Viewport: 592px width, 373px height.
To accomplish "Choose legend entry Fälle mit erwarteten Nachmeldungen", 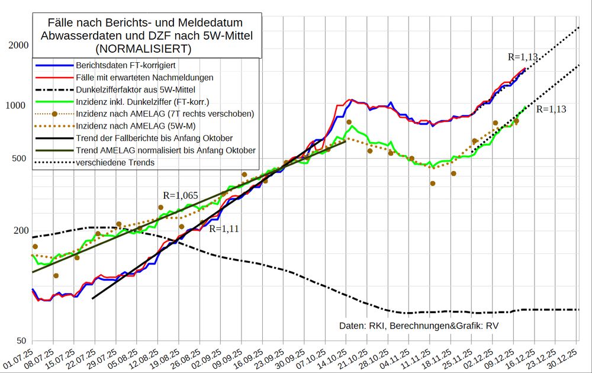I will click(144, 78).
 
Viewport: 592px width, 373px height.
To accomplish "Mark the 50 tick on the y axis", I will click(20, 340).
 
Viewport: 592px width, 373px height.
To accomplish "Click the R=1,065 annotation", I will click(181, 195).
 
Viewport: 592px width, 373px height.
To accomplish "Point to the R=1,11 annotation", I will click(224, 229).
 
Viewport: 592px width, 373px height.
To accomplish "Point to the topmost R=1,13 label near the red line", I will click(523, 57).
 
